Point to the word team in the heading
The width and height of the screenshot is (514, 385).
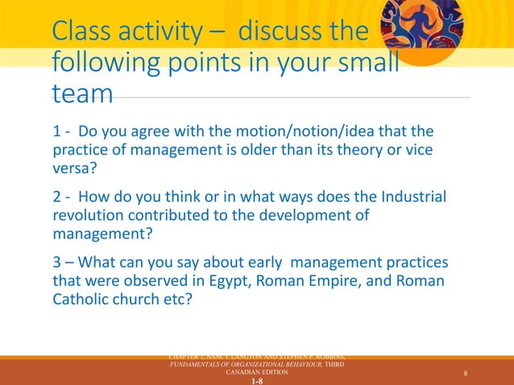click(82, 94)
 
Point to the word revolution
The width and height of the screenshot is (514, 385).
click(89, 217)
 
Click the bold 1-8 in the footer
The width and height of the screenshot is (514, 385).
click(257, 381)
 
